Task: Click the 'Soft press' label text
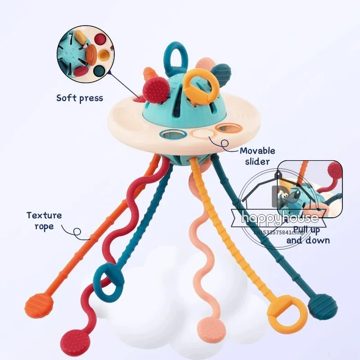tap(80, 98)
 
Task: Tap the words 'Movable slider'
tap(257, 156)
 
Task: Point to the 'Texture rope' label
tap(43, 220)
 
